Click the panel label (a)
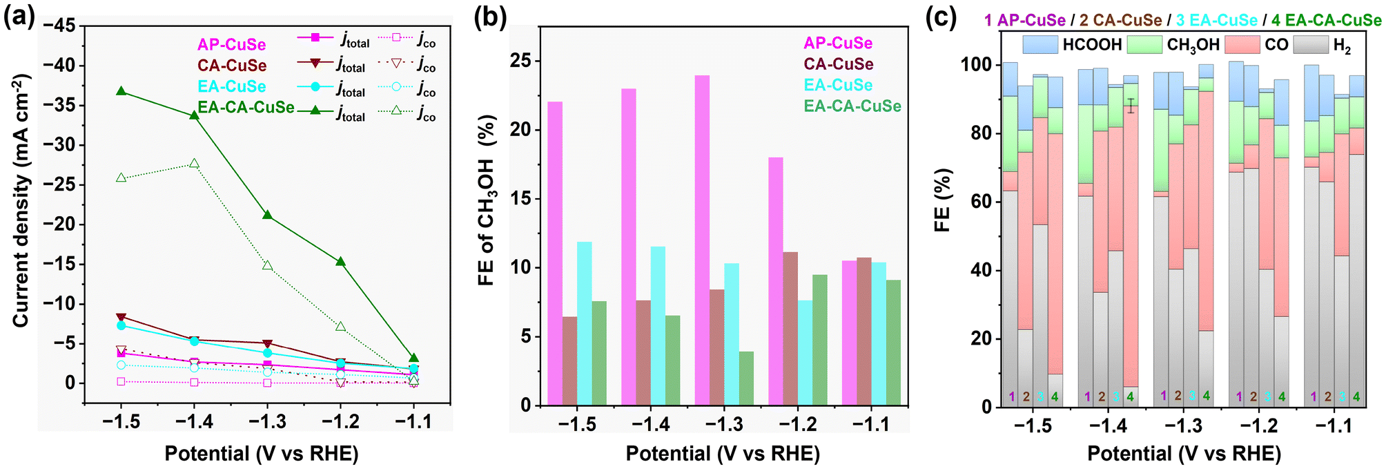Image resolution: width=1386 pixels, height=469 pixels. (x=19, y=16)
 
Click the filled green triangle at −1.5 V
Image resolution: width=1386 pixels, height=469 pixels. (x=121, y=91)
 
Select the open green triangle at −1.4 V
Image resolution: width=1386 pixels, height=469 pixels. (x=194, y=164)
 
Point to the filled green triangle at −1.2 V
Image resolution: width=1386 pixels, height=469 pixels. (x=340, y=262)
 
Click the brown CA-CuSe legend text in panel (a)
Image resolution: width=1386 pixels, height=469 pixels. (x=231, y=66)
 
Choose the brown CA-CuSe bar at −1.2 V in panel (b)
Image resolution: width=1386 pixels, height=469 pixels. (x=790, y=328)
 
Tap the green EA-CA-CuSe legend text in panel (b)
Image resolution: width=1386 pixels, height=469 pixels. (x=852, y=106)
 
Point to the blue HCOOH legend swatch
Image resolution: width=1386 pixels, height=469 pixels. (x=1040, y=45)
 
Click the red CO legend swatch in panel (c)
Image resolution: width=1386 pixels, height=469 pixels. (x=1241, y=45)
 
